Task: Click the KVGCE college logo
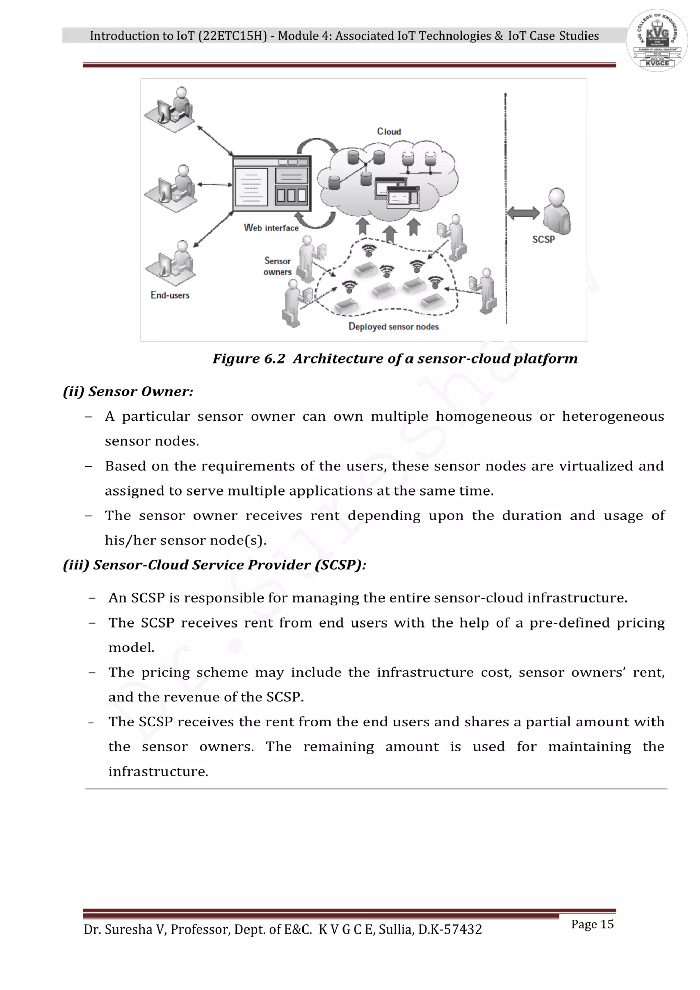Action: click(x=657, y=40)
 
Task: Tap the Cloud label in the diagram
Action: click(x=389, y=132)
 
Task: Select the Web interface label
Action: click(x=271, y=228)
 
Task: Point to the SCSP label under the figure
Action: click(x=543, y=239)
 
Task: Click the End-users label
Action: click(x=170, y=295)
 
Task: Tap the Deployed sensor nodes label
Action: click(x=393, y=326)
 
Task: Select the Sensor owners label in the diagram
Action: click(x=278, y=266)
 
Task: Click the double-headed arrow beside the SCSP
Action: click(x=523, y=213)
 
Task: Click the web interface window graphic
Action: click(x=271, y=184)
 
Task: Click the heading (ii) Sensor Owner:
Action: click(x=128, y=391)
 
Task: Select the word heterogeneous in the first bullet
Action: click(x=613, y=417)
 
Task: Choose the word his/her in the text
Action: click(x=131, y=540)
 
